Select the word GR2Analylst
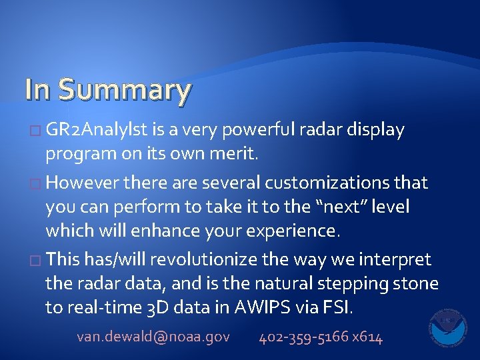tap(93, 130)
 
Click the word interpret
tap(396, 259)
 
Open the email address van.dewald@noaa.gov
tap(153, 337)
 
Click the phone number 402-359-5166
tap(303, 337)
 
